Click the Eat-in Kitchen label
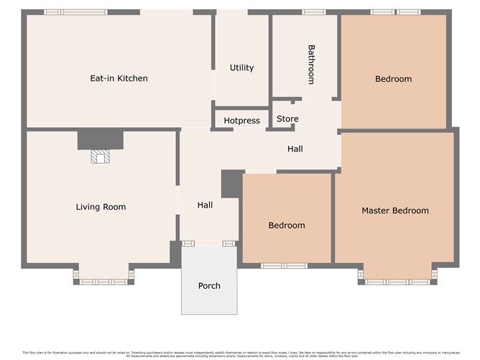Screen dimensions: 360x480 [x=119, y=78]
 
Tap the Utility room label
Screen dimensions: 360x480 [x=241, y=68]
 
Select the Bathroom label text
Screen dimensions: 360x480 [x=311, y=65]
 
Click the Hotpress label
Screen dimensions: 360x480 [x=241, y=121]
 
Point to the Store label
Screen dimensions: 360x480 [x=287, y=119]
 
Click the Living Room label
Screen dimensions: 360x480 [x=101, y=207]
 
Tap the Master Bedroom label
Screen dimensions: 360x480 [x=394, y=211]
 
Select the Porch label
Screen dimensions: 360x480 [x=209, y=286]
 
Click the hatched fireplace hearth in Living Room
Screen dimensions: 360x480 [x=100, y=157]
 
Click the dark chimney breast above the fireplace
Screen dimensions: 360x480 [x=100, y=139]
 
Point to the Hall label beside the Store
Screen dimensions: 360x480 [x=295, y=149]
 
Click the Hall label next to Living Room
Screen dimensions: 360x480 [x=205, y=206]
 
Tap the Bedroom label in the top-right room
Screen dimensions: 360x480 [x=393, y=79]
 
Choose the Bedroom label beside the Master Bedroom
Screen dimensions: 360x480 [x=286, y=226]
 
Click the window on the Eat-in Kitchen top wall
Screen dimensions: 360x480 [x=75, y=12]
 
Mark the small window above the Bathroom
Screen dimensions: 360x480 [x=313, y=12]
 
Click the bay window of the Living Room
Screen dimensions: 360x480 [x=103, y=281]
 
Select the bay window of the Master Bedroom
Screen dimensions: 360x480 [x=397, y=281]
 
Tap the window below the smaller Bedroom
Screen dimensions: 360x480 [x=284, y=266]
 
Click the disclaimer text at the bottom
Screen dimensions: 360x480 [x=239, y=354]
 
